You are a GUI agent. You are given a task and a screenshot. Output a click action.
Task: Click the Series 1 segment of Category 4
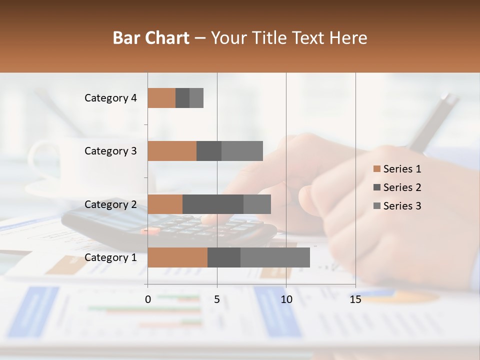(161, 98)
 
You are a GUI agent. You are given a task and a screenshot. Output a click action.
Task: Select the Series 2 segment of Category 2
(213, 204)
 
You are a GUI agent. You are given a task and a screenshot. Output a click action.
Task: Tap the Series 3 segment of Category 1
(275, 257)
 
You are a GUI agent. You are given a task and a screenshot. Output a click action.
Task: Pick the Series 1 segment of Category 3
(172, 151)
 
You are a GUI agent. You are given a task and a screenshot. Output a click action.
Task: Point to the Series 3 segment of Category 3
(242, 151)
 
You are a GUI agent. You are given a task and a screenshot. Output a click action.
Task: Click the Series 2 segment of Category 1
(224, 257)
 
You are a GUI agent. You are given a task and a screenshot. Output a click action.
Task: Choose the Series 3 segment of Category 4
(196, 98)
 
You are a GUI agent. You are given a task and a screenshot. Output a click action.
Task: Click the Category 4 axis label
(110, 98)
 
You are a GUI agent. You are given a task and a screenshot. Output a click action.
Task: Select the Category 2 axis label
(110, 204)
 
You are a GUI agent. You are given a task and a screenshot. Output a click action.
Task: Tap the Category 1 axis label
(110, 257)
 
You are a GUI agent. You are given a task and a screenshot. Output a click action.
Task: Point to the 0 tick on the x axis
(148, 299)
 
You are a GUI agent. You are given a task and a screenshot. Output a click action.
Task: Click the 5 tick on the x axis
(217, 299)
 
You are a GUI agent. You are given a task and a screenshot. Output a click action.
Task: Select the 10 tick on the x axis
(286, 299)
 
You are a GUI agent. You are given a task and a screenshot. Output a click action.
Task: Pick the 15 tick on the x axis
(355, 299)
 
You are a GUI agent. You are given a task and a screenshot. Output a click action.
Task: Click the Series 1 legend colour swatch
(376, 169)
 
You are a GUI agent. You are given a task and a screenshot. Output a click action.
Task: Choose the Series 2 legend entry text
(402, 187)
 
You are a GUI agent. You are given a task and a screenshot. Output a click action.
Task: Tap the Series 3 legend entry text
(402, 206)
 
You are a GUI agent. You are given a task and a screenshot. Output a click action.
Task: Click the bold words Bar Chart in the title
(151, 38)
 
